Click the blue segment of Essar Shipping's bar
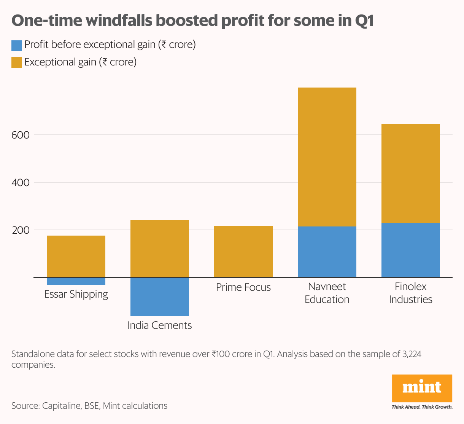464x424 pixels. [x=76, y=281]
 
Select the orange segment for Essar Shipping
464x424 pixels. [x=76, y=256]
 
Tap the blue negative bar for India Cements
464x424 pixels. [x=160, y=296]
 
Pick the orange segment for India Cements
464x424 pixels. [x=160, y=249]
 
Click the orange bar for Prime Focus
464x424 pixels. [x=243, y=252]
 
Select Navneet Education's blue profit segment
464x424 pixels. [x=327, y=252]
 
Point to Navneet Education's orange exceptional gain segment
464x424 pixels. [x=327, y=157]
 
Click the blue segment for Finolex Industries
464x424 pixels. [x=411, y=250]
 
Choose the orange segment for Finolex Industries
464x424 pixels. [x=411, y=173]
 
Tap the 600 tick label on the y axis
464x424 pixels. [x=21, y=135]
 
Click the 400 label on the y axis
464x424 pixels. [x=21, y=183]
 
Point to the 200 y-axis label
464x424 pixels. [x=21, y=230]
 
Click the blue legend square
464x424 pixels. [x=17, y=45]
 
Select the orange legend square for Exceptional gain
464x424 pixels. [x=17, y=62]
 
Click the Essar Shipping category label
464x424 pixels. [x=76, y=294]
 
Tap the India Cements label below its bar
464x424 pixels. [x=160, y=325]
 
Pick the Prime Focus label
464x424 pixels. [x=243, y=287]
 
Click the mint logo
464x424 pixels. [x=422, y=388]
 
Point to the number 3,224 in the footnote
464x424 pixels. [x=412, y=354]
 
